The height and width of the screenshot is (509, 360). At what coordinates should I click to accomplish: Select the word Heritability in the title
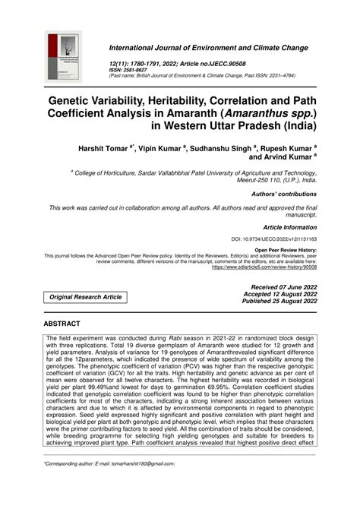coord(186,99)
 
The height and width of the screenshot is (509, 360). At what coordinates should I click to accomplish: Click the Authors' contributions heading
coord(286,194)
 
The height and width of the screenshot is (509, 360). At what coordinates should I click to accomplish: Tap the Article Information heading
coord(289,226)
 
